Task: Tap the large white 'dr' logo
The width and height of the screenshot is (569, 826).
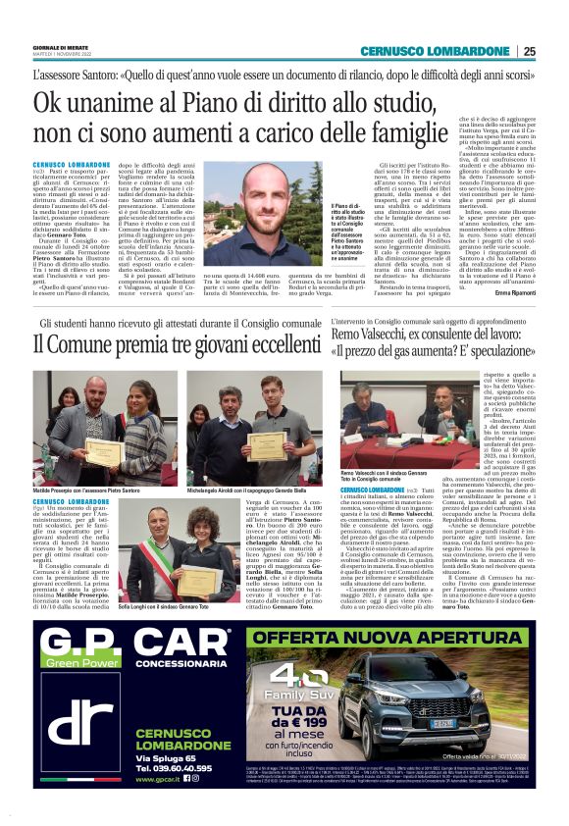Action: pos(81,706)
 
